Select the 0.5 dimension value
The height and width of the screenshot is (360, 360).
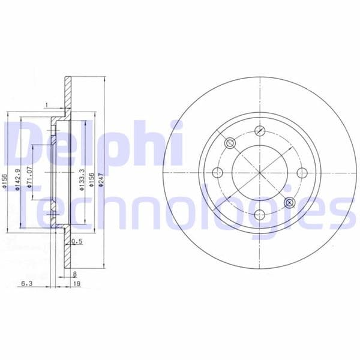coord(76,242)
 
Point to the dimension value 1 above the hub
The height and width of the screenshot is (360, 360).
coord(46,106)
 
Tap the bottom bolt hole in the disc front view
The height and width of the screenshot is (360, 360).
coord(260,215)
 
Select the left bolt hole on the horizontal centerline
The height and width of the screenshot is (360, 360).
coord(218,173)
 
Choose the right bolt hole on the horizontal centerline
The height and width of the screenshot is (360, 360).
coord(302,173)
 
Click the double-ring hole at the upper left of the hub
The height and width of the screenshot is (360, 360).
coord(230,143)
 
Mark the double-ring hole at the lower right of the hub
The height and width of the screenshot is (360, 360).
coord(290,202)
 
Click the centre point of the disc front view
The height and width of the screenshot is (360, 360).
coord(260,173)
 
